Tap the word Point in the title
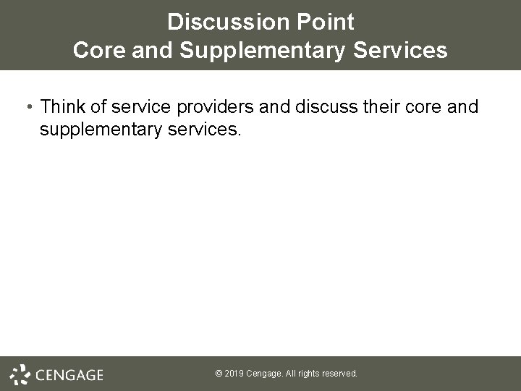pos(328,22)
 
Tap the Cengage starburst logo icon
pos(20,374)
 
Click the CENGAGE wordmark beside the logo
pos(69,375)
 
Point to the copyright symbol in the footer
pos(219,374)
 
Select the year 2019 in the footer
pos(234,374)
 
